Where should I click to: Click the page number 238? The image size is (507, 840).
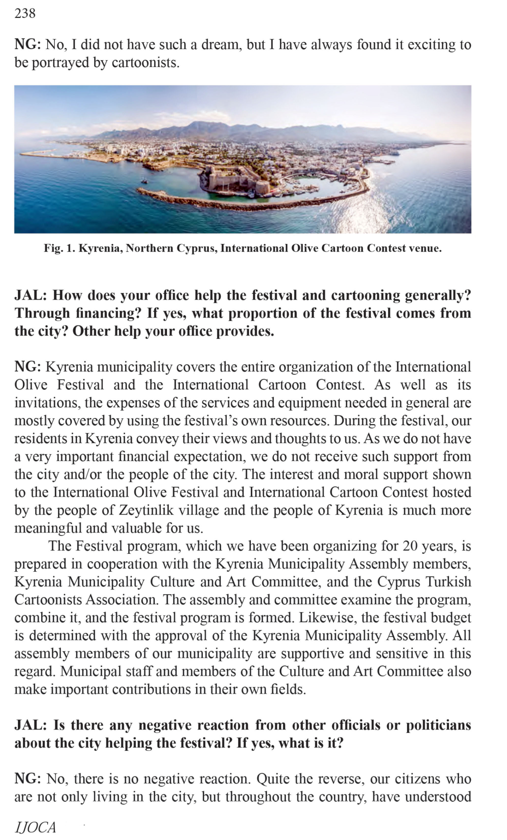25,13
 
